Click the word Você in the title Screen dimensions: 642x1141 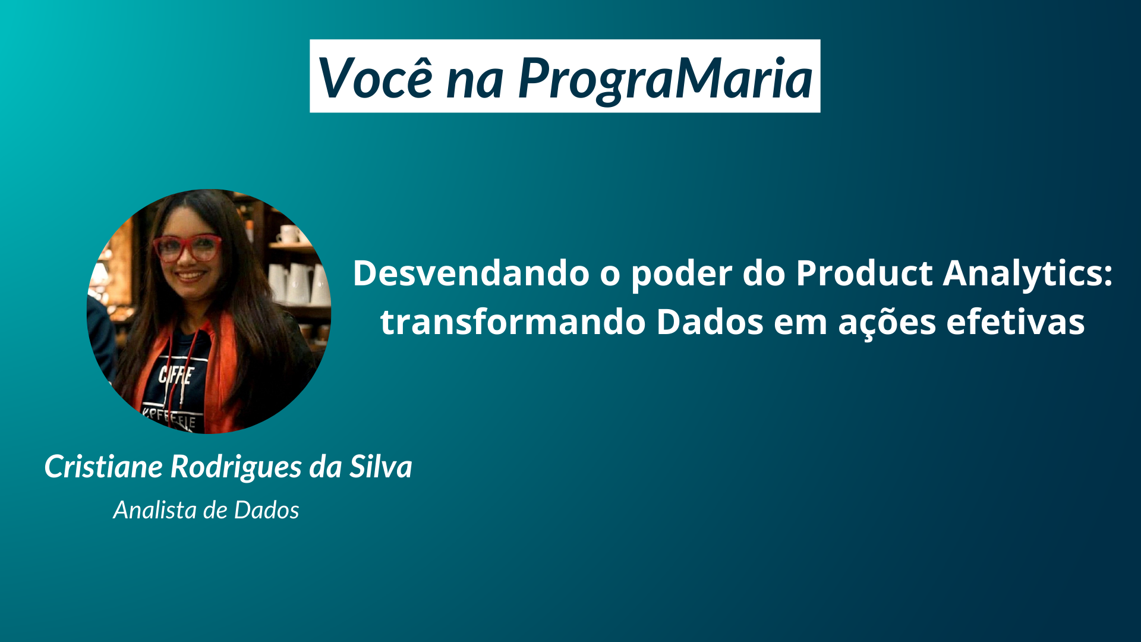[376, 78]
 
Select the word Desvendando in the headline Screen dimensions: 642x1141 [471, 273]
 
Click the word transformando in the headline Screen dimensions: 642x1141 [513, 322]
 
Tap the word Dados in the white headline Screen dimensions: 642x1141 [710, 322]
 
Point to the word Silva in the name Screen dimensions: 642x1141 [380, 467]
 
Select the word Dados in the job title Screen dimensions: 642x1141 [266, 510]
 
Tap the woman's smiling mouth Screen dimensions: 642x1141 [190, 276]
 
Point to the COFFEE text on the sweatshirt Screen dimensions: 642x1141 [176, 376]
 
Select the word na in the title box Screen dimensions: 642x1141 [474, 80]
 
